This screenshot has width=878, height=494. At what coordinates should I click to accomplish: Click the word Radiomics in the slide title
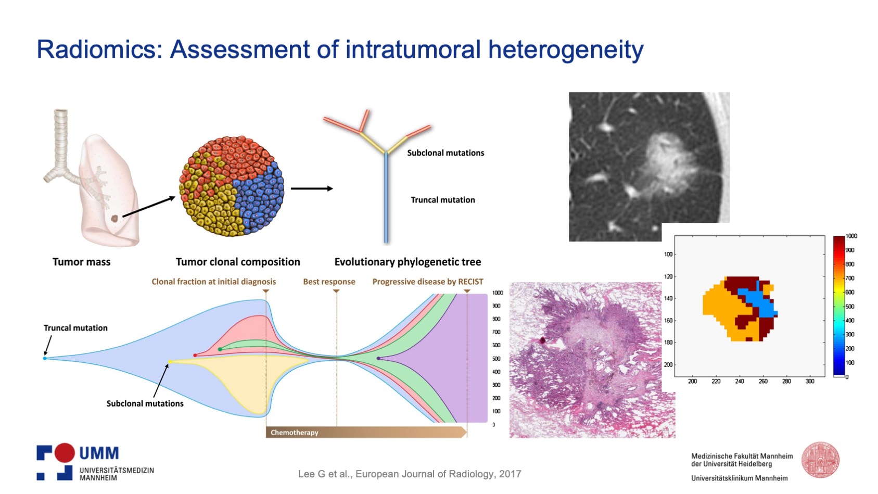tap(99, 49)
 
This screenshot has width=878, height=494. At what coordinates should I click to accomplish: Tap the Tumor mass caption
tap(82, 262)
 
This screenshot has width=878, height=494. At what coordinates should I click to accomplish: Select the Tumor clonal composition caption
tap(237, 262)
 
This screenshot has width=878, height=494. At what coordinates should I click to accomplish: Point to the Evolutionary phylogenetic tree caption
tap(408, 262)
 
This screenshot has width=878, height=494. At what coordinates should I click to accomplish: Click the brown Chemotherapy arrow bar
tap(366, 432)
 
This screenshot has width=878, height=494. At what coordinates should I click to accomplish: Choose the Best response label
tap(329, 282)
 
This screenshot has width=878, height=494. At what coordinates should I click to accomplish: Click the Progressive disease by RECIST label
tap(428, 282)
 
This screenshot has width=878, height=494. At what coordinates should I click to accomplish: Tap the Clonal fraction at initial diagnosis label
tap(213, 282)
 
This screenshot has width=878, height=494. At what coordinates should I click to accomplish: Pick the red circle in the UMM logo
tap(65, 453)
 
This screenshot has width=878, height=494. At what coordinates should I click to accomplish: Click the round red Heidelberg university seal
tap(820, 460)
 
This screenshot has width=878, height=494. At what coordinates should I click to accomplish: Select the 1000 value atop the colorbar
tap(851, 236)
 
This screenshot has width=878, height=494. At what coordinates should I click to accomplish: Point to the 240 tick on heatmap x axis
tap(739, 381)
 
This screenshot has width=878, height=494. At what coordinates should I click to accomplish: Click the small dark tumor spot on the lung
tap(114, 219)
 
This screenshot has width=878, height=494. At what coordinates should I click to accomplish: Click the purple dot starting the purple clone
tap(378, 358)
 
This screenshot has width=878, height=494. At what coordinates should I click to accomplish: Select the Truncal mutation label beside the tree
tap(443, 200)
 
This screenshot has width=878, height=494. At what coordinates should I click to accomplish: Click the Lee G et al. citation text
tap(410, 474)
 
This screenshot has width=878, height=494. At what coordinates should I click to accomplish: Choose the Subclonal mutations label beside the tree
tap(446, 153)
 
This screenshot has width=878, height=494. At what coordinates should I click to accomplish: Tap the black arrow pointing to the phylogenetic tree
tap(312, 188)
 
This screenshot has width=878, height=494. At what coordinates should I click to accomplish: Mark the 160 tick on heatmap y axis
tap(668, 320)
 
